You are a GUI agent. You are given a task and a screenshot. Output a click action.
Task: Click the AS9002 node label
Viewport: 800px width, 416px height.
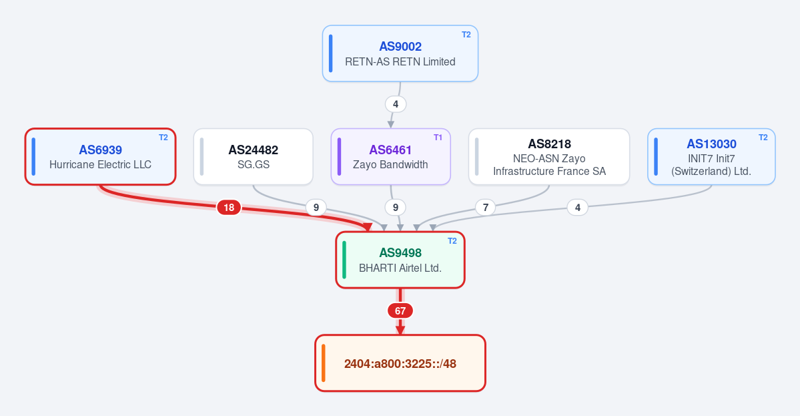pos(400,47)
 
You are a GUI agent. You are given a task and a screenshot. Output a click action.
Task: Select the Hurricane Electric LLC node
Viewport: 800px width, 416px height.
pos(101,157)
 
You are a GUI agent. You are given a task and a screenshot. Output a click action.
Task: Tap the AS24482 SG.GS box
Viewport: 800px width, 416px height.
pos(253,157)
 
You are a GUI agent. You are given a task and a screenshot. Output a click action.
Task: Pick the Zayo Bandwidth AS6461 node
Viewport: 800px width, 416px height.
pos(391,157)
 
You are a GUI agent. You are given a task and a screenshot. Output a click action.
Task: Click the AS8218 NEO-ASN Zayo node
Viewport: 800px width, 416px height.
pos(549,157)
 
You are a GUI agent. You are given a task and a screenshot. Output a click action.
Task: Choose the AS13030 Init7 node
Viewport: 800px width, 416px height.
pos(711,157)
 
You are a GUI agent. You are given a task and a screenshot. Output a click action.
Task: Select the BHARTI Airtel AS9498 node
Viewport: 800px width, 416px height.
pos(400,260)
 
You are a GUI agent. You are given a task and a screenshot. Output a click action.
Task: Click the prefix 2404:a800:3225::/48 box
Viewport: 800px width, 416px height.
pos(400,363)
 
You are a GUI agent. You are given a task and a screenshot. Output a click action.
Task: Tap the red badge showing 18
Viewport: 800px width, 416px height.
pos(229,207)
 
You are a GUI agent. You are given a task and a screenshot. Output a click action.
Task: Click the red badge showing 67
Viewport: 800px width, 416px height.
pos(400,311)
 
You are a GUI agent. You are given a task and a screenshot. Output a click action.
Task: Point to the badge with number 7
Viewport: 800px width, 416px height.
pos(485,207)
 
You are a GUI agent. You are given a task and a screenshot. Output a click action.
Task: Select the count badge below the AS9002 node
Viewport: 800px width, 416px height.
pos(396,104)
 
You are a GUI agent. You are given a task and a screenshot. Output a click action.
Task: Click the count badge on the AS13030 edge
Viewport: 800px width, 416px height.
pos(578,207)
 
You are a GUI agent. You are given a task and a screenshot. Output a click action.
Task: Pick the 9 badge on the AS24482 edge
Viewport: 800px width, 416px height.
pos(316,207)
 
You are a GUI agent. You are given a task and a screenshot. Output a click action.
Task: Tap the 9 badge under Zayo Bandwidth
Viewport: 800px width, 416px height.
pos(396,207)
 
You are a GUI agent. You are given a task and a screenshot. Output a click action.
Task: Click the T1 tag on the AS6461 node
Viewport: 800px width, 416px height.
pos(438,138)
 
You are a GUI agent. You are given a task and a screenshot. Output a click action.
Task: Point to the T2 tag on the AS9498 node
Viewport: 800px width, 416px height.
pos(452,241)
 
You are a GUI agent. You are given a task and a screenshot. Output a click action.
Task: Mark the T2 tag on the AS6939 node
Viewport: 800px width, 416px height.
pos(163,138)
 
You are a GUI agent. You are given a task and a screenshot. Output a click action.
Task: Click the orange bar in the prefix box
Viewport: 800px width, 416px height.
pos(324,363)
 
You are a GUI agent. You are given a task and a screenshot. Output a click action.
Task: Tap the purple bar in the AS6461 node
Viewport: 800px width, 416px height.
pos(340,157)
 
